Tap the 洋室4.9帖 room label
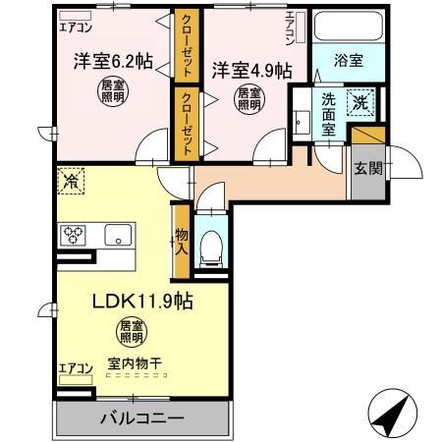click(x=251, y=70)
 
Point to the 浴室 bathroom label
click(x=349, y=60)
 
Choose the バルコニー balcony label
click(x=141, y=418)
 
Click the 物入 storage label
click(x=181, y=242)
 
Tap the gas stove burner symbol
click(x=75, y=235)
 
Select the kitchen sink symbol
click(x=117, y=235)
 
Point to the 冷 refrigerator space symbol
click(x=71, y=181)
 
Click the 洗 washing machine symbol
click(x=360, y=100)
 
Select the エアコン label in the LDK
click(x=75, y=369)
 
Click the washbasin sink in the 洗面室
click(x=303, y=122)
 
